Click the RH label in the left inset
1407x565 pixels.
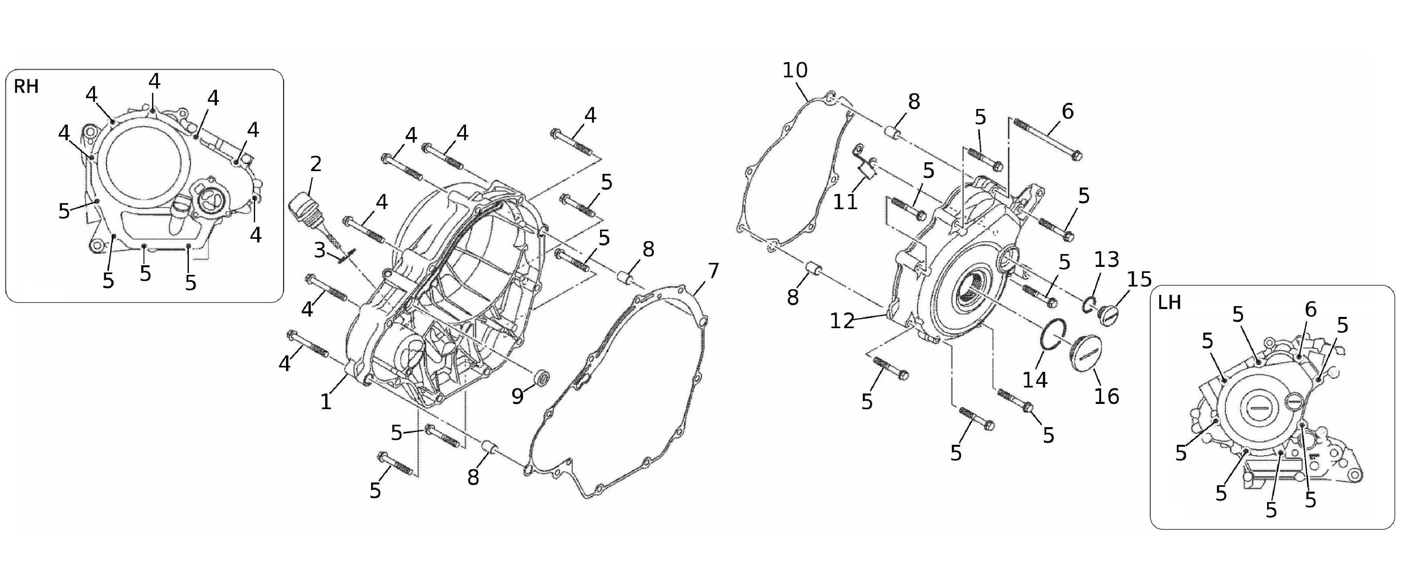pyautogui.click(x=26, y=86)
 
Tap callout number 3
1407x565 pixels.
pyautogui.click(x=320, y=250)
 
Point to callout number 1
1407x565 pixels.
pyautogui.click(x=326, y=402)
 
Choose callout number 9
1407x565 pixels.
pyautogui.click(x=517, y=396)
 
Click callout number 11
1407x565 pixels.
pyautogui.click(x=845, y=202)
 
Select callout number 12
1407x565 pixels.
pyautogui.click(x=842, y=321)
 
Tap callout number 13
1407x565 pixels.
pyautogui.click(x=1107, y=259)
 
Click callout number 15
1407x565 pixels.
pyautogui.click(x=1139, y=279)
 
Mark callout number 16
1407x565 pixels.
pyautogui.click(x=1107, y=396)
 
